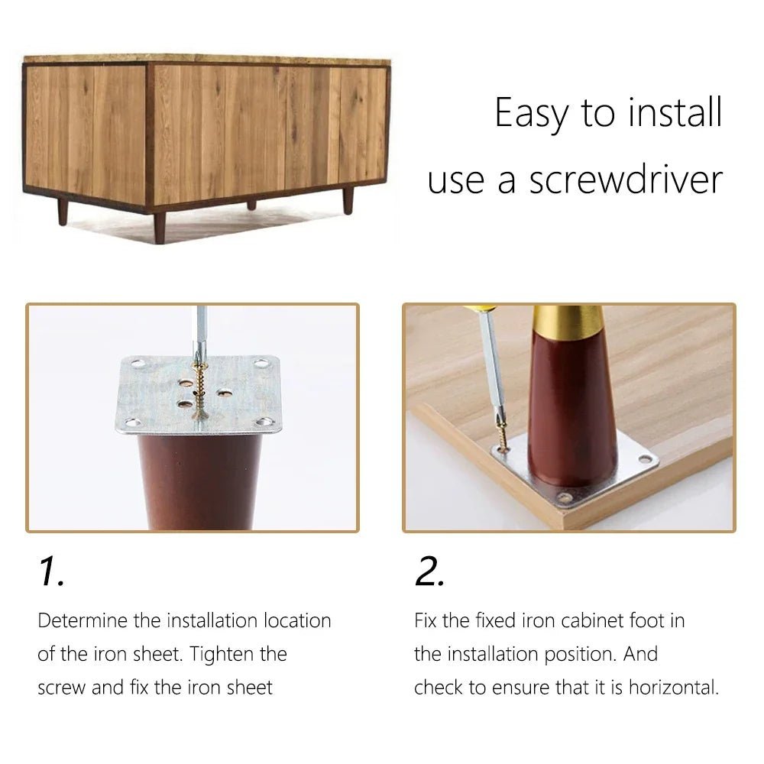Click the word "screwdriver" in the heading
tap(626, 180)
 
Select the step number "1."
tap(51, 571)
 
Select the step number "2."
tap(429, 571)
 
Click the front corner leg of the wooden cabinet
tap(160, 227)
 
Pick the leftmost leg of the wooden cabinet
tap(63, 212)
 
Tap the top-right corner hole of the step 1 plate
tap(261, 363)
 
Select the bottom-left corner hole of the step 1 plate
tap(132, 422)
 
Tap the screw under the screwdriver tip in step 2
tap(503, 436)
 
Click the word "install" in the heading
tap(675, 112)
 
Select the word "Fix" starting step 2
tap(426, 620)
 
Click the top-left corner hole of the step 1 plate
tap(138, 363)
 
